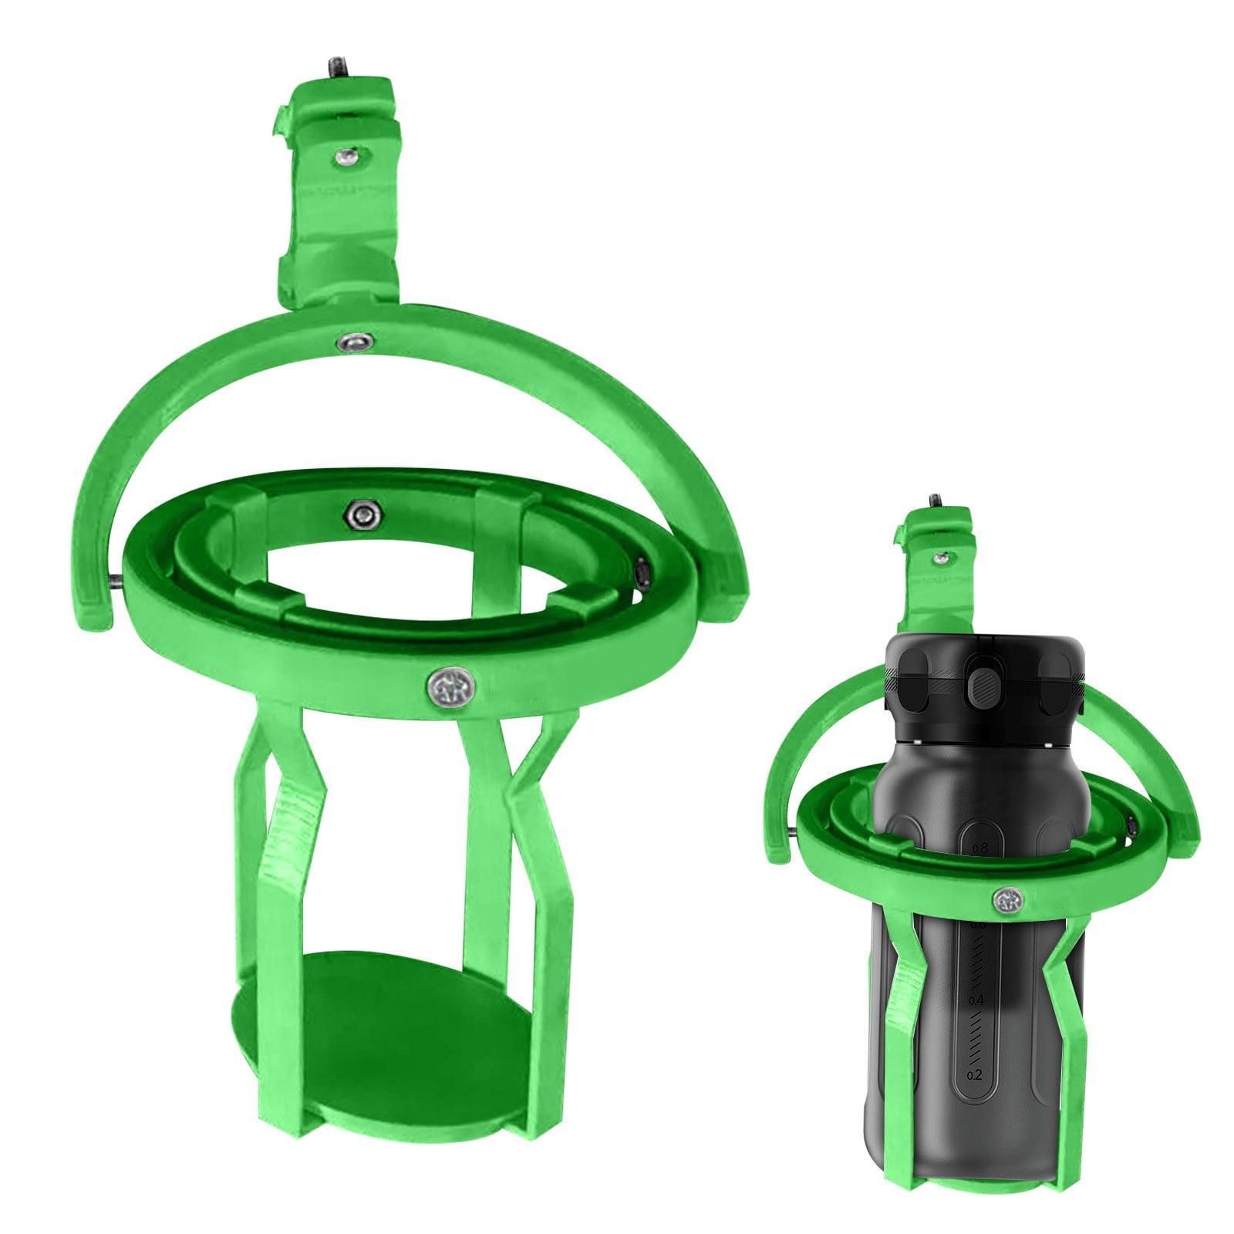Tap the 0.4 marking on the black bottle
[975, 1000]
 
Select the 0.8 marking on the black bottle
[979, 848]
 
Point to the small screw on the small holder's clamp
[939, 557]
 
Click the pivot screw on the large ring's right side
[642, 571]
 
